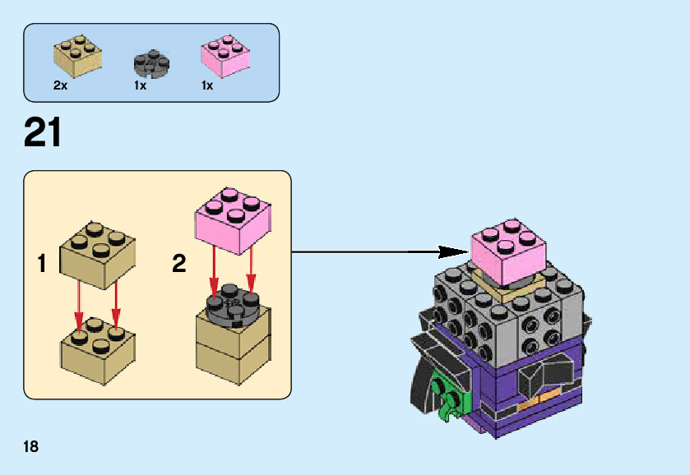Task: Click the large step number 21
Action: coord(44,132)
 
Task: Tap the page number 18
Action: coord(31,447)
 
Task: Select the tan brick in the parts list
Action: coord(78,55)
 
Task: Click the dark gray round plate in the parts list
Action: coord(151,63)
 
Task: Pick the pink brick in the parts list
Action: coord(225,56)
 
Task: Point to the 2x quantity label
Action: coord(60,85)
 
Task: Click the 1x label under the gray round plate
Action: coord(140,85)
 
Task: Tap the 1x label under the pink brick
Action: coord(207,85)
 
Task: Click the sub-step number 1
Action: coord(42,264)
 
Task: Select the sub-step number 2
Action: coord(179,264)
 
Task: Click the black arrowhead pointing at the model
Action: coord(452,251)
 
